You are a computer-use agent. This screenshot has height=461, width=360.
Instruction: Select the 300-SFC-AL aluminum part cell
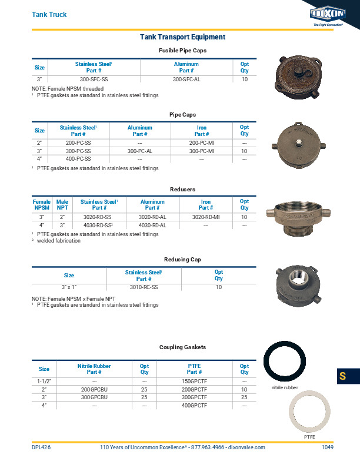coord(186,79)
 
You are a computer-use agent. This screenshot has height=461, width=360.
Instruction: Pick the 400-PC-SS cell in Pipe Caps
coord(78,159)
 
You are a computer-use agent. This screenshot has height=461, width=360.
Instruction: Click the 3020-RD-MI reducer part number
coord(206,217)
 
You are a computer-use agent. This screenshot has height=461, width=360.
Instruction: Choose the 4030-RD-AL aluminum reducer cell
coord(152,225)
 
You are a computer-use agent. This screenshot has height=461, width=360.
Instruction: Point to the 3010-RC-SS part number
coord(144,287)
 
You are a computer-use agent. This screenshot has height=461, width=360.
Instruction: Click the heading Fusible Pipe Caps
coord(182,51)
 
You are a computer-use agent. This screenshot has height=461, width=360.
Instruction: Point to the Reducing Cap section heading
coord(182,260)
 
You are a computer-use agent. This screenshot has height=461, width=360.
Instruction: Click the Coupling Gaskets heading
coord(182,347)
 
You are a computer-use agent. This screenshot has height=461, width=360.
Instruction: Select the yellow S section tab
coord(342,376)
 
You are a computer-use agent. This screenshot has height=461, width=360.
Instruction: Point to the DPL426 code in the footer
coord(41,448)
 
